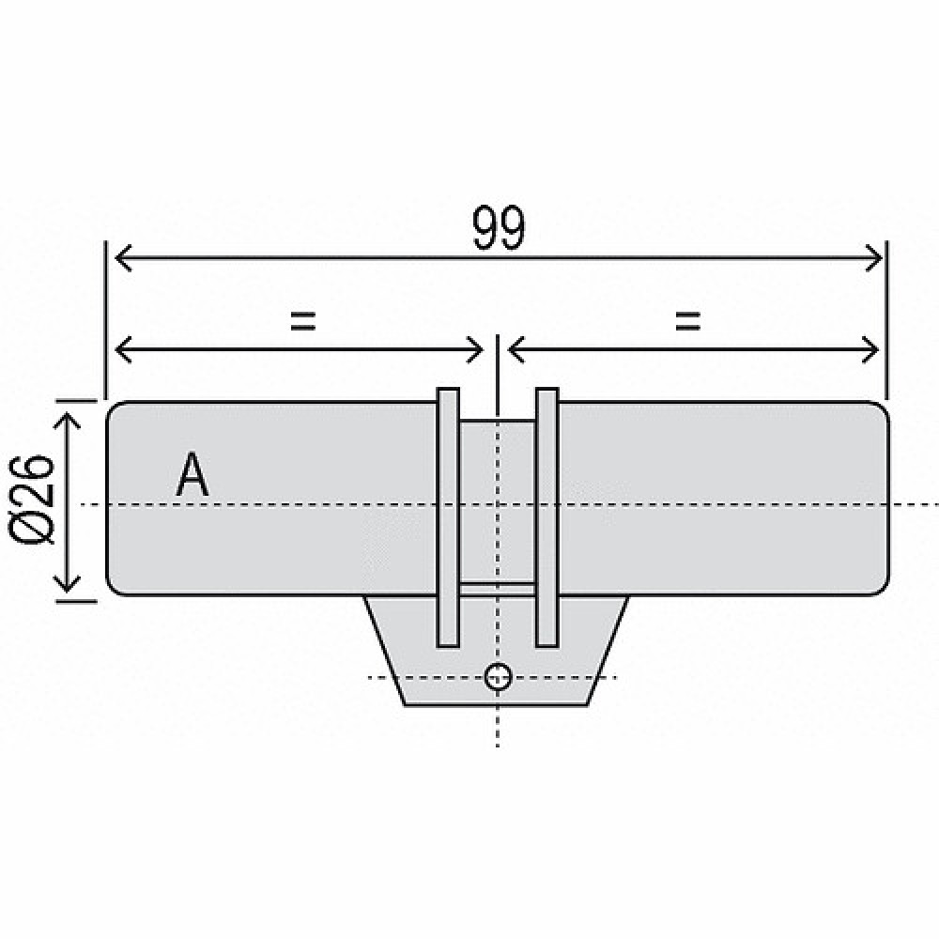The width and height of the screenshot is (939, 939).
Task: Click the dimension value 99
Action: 499,227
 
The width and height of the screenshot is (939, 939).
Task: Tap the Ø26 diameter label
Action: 32,499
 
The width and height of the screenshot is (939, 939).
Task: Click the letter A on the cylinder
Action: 192,474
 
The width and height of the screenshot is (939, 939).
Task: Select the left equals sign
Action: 302,321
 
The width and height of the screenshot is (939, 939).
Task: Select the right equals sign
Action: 687,321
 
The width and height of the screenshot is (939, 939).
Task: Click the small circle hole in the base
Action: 498,677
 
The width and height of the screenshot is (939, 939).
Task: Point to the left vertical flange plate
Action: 448,517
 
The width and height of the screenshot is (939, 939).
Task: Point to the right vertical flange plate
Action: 546,517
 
